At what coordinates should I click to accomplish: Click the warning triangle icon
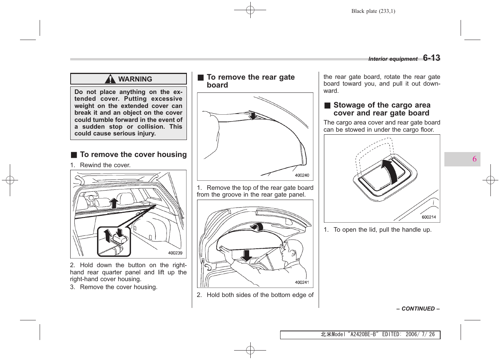click(110, 79)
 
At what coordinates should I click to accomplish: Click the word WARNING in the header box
click(135, 79)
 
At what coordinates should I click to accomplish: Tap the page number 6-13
click(431, 58)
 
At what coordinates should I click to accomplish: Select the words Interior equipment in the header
click(393, 59)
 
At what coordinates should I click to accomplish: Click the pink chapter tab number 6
click(474, 159)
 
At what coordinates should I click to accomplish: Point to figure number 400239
click(175, 253)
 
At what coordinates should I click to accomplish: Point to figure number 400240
click(302, 175)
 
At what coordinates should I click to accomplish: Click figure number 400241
click(302, 283)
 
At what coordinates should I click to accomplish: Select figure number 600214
click(429, 217)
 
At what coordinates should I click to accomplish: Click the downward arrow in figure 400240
click(253, 115)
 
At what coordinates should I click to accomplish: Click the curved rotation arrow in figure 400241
click(257, 226)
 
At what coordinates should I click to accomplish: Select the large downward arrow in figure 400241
click(247, 255)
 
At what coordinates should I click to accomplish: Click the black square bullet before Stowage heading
click(327, 106)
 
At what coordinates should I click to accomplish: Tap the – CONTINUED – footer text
click(418, 309)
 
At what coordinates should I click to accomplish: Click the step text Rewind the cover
click(105, 165)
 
